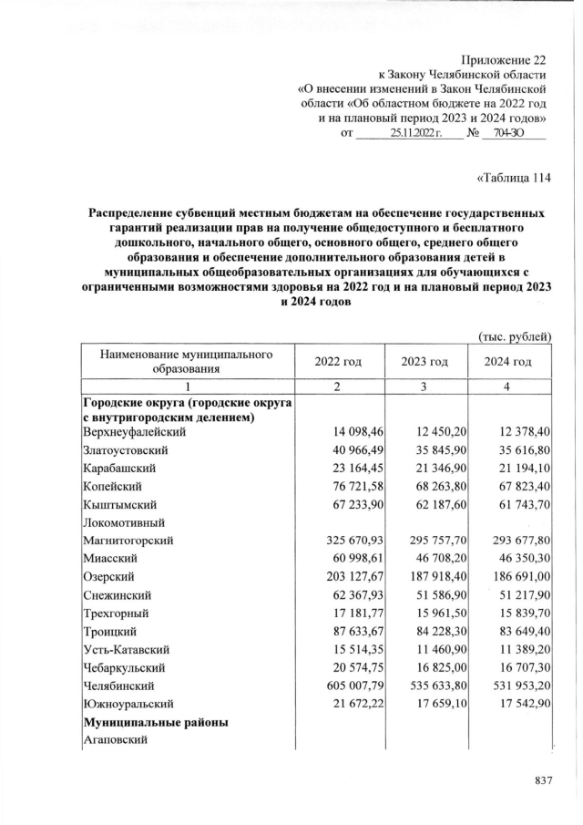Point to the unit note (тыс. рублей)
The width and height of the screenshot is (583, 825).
[x=515, y=336]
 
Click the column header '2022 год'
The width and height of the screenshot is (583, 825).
[x=338, y=362]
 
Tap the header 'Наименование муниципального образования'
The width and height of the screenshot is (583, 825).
[x=188, y=361]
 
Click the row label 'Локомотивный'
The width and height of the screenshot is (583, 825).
[x=119, y=521]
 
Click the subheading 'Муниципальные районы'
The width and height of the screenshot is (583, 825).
[x=155, y=723]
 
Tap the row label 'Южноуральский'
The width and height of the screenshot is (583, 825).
[x=126, y=703]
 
